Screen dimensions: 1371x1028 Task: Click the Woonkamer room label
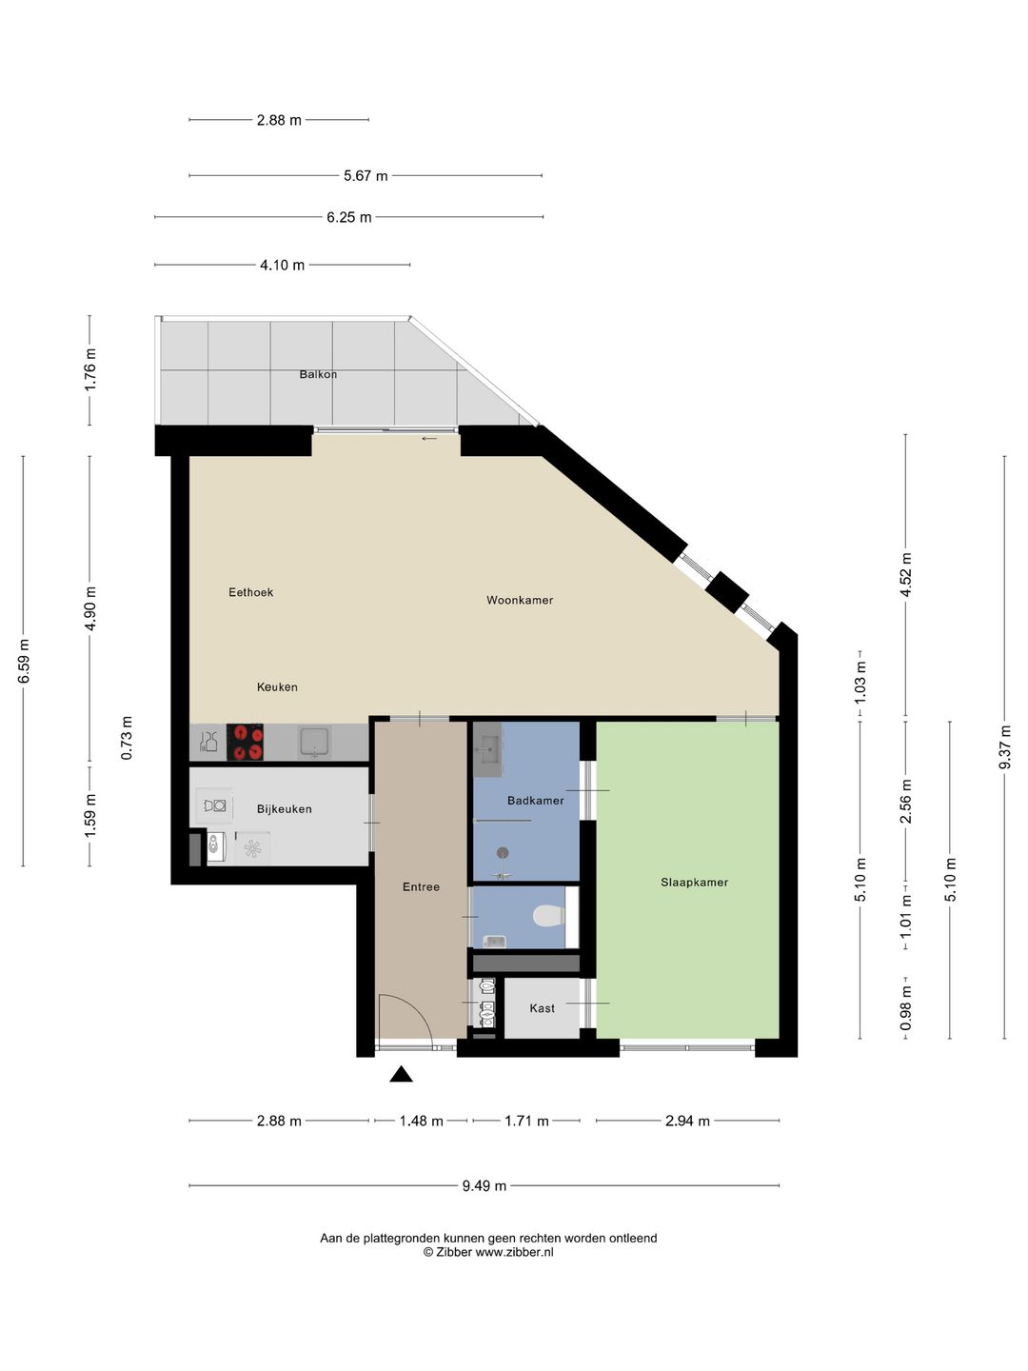coord(519,600)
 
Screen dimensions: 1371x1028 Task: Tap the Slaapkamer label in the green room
coord(694,883)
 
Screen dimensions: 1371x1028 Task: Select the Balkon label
coord(318,374)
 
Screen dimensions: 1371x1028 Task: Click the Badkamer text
coord(535,801)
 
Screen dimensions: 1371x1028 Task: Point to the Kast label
coord(542,1008)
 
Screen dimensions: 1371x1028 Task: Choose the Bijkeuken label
coord(284,809)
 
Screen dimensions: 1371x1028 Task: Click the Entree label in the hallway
coord(421,887)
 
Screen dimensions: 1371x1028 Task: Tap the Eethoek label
coord(250,592)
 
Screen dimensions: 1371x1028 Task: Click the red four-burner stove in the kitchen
coord(245,743)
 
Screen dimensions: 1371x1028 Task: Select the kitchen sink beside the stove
coord(314,742)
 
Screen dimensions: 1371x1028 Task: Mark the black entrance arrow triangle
coord(401,1075)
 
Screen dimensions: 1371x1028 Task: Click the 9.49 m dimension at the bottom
coord(484,1186)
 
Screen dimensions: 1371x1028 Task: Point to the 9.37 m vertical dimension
coord(1005,747)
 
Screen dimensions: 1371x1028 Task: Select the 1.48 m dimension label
coord(421,1122)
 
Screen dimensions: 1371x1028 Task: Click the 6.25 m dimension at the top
coord(348,218)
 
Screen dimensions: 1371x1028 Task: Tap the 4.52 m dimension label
coord(906,575)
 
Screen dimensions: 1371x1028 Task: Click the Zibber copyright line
coord(487,1253)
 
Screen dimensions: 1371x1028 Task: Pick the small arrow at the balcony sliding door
coord(429,439)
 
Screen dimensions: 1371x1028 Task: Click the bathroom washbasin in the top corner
coord(487,748)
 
